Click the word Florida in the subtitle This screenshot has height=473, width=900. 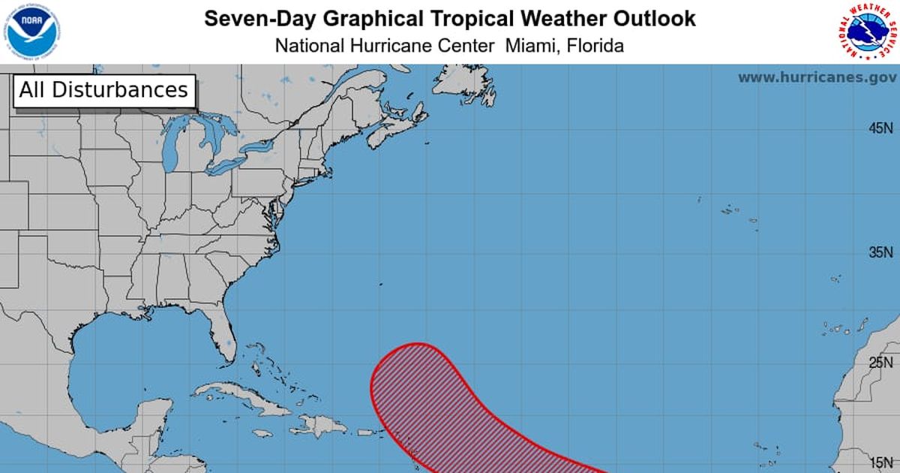[x=595, y=45]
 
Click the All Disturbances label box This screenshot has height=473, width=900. [x=103, y=90]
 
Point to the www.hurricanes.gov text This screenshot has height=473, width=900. [x=817, y=77]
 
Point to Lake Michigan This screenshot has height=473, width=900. [x=170, y=146]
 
